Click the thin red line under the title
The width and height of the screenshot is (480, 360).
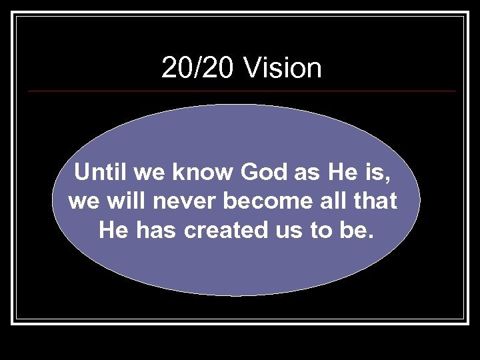pos(240,91)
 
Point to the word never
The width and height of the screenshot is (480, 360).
pos(181,202)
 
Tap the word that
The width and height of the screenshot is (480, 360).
pos(376,202)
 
